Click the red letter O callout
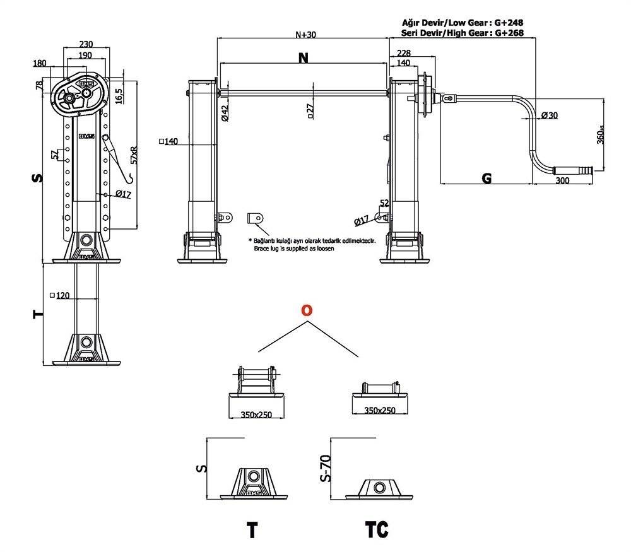[307, 310]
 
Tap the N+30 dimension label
[306, 35]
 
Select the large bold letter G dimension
[487, 178]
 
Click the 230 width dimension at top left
[86, 44]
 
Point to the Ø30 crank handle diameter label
[550, 115]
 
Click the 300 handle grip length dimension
[562, 180]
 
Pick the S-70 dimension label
[326, 468]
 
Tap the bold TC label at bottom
[377, 529]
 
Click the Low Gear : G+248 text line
[463, 23]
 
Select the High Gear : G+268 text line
[463, 33]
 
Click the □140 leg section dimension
[168, 141]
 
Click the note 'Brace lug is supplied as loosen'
[294, 249]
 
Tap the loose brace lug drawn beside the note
[255, 218]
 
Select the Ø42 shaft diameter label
[225, 113]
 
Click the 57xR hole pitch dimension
[134, 155]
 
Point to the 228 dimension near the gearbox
[404, 53]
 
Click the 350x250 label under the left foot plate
[256, 414]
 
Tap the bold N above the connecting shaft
[304, 58]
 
